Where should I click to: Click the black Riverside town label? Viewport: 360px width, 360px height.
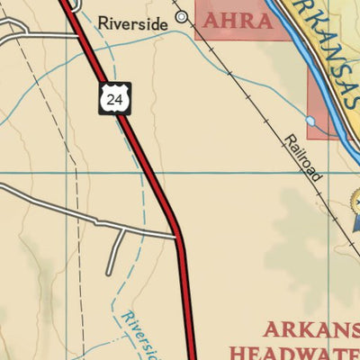pyautogui.click(x=132, y=23)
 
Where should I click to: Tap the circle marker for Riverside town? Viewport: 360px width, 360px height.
pyautogui.click(x=182, y=17)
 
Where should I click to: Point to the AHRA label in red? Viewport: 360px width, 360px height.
pyautogui.click(x=238, y=21)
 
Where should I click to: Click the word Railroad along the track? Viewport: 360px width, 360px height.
pyautogui.click(x=303, y=158)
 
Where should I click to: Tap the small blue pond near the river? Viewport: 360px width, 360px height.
pyautogui.click(x=310, y=121)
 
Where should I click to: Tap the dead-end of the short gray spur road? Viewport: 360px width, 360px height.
pyautogui.click(x=109, y=272)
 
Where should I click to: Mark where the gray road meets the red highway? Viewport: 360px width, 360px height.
pyautogui.click(x=177, y=237)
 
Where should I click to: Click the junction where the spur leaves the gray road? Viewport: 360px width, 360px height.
pyautogui.click(x=121, y=230)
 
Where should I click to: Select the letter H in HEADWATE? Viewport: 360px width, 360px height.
pyautogui.click(x=238, y=351)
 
